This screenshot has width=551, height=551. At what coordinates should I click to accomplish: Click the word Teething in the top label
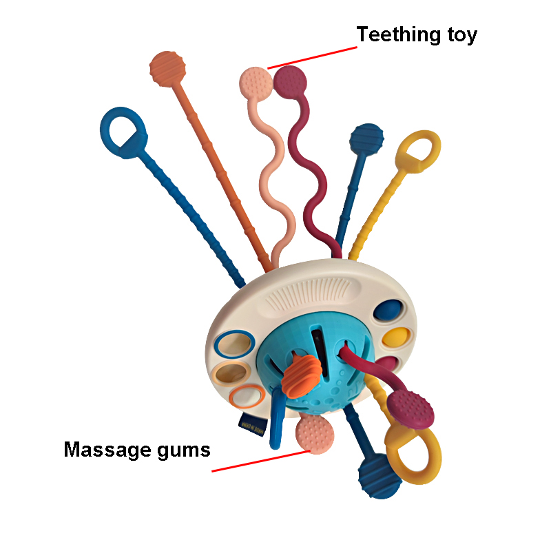399,35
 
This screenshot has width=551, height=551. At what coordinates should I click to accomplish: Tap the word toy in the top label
462,36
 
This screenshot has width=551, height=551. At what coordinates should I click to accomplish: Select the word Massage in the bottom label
107,450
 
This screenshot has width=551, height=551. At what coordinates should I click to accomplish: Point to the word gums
184,451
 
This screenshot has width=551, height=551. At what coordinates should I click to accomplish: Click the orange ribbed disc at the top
167,69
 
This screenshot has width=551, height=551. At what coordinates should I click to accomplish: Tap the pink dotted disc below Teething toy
256,84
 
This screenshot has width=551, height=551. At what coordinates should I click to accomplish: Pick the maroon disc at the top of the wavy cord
290,82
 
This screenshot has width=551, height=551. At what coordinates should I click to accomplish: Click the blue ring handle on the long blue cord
123,132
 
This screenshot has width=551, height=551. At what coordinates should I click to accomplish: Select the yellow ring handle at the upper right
418,152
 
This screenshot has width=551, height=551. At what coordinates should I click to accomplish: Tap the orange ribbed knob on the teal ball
302,376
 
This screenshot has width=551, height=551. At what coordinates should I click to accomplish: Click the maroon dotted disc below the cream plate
410,409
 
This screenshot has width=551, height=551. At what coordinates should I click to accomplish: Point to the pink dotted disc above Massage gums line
315,435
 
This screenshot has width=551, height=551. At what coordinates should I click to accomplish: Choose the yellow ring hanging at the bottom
413,454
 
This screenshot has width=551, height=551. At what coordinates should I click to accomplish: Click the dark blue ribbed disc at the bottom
380,476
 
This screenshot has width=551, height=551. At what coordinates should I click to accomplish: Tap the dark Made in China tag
252,424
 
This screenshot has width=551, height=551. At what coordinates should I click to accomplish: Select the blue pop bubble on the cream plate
388,310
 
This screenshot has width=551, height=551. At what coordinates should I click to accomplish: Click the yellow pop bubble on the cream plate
396,337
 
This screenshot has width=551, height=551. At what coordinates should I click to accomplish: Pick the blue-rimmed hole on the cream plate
235,344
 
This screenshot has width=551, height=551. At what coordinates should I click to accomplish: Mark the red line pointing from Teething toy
312,58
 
